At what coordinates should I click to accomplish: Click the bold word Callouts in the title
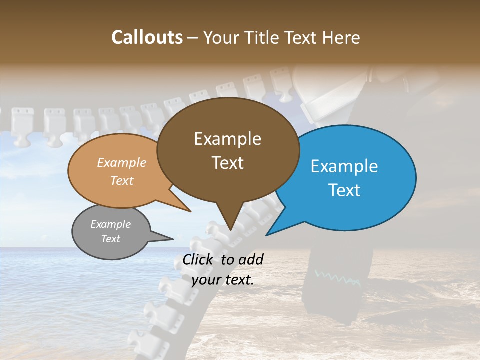click(147, 37)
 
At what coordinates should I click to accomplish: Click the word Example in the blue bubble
click(344, 166)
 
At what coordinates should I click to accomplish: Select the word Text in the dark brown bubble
click(228, 163)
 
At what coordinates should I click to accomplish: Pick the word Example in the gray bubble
click(110, 224)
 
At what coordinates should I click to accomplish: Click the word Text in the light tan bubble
click(122, 180)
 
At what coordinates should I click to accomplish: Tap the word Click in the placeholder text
click(198, 259)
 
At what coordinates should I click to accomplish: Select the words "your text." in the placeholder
click(223, 279)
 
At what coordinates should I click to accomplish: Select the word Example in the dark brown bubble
click(228, 139)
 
